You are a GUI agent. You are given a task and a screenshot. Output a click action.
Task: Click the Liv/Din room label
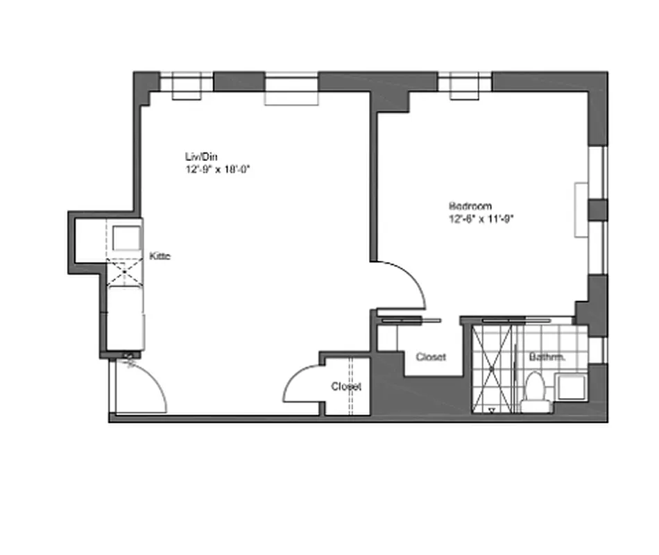click(x=197, y=157)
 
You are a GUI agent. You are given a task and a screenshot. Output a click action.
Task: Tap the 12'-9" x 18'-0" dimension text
click(x=216, y=169)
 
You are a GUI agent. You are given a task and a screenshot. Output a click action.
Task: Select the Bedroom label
click(x=470, y=206)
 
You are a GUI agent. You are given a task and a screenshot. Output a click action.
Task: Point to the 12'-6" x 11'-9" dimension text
click(x=481, y=218)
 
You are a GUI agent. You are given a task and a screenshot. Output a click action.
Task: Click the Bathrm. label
click(x=547, y=357)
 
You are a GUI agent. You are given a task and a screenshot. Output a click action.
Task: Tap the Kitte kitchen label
click(x=160, y=257)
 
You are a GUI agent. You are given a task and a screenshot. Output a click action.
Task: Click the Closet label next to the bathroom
click(x=431, y=357)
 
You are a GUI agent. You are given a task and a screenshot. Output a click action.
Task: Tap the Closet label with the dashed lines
click(x=346, y=387)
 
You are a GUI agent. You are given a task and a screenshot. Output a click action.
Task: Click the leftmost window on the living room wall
click(x=187, y=83)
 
